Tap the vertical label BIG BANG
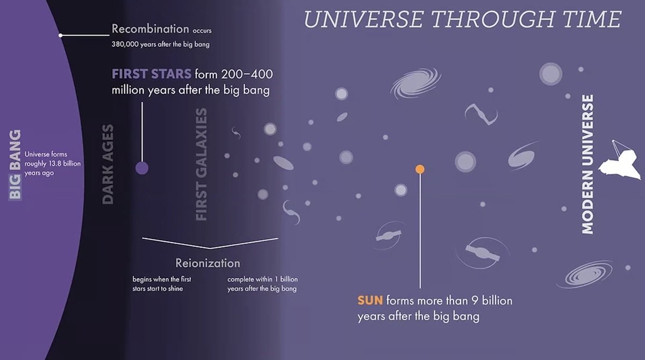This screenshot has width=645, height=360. [16, 164]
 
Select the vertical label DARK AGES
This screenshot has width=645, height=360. [108, 164]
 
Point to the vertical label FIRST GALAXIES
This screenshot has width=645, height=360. [201, 164]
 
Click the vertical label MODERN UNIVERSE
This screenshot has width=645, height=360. [587, 164]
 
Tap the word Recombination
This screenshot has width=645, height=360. [150, 28]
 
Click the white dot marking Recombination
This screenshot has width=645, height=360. [61, 35]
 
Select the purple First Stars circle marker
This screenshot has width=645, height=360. [142, 168]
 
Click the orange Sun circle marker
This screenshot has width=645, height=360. [420, 169]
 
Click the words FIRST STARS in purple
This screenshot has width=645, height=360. [151, 74]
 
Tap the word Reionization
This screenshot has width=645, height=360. [207, 263]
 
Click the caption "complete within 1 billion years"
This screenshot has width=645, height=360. [262, 284]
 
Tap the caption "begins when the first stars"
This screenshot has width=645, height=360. [161, 284]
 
